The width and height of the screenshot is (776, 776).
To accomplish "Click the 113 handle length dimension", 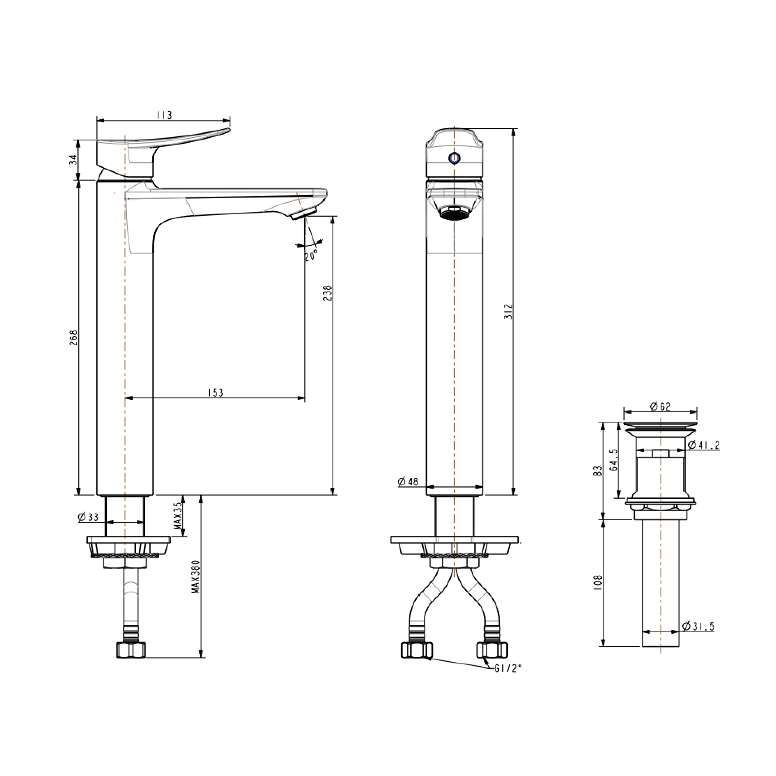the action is point(164,115).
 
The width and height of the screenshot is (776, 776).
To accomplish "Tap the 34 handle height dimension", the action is point(73,160).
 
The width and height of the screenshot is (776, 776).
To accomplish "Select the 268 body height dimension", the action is point(73,337).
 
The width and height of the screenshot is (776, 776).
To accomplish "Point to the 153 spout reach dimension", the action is point(215,393).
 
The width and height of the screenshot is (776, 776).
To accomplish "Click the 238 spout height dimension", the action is point(327,293).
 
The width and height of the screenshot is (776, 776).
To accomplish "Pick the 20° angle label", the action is point(311,255).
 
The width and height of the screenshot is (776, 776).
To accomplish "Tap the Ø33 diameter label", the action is point(88,517).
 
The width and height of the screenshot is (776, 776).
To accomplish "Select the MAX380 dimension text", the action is point(195,576).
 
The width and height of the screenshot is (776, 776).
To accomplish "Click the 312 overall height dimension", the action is point(509,312).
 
